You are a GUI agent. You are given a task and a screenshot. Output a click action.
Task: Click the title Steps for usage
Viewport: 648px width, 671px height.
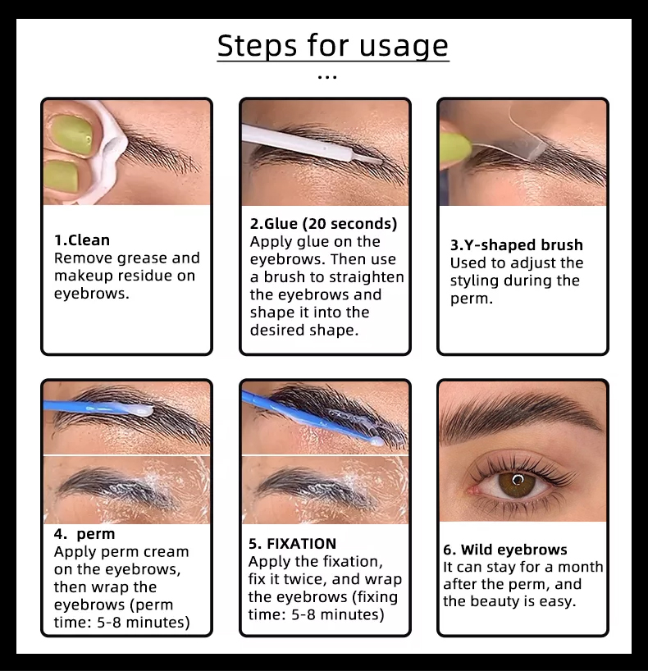pyautogui.click(x=332, y=45)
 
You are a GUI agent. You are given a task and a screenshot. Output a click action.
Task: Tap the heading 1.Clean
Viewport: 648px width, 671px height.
pyautogui.click(x=82, y=240)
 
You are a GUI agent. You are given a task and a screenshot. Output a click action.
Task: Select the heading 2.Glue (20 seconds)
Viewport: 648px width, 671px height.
pyautogui.click(x=323, y=224)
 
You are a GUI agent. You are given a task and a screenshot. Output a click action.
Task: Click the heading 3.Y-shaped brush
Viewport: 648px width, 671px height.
pyautogui.click(x=516, y=244)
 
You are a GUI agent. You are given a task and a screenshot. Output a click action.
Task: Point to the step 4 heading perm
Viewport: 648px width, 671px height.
pyautogui.click(x=96, y=534)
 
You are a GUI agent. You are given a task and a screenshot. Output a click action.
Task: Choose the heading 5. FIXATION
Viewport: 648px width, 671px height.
pyautogui.click(x=292, y=544)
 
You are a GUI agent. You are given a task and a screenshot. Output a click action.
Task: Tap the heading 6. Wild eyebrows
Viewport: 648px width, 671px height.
pyautogui.click(x=505, y=550)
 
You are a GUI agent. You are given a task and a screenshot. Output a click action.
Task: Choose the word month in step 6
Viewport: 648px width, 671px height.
pyautogui.click(x=581, y=567)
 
